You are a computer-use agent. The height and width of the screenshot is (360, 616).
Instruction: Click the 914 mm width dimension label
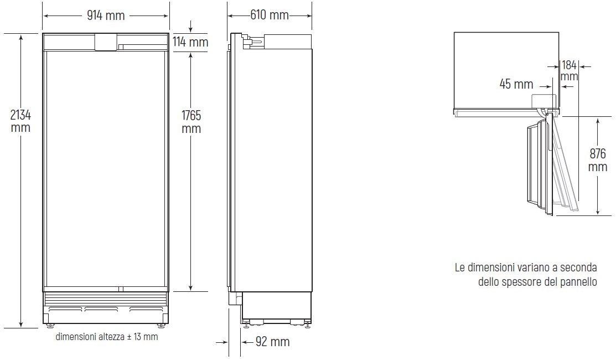106,16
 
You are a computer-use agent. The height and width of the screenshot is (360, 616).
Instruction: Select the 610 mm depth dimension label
270,15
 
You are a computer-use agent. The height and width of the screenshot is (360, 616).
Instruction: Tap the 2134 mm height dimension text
20,121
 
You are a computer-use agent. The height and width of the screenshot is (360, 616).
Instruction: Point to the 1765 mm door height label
191,122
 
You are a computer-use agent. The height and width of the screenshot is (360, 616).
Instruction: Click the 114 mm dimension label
190,42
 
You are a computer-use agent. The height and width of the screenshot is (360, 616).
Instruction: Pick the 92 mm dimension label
273,342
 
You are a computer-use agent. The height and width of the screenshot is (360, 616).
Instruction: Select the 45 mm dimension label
516,84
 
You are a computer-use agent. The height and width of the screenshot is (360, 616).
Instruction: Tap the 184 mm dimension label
570,70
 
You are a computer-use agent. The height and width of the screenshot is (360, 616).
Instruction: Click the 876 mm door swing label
598,160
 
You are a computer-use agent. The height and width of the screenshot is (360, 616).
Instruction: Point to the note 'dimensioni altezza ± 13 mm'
107,336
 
